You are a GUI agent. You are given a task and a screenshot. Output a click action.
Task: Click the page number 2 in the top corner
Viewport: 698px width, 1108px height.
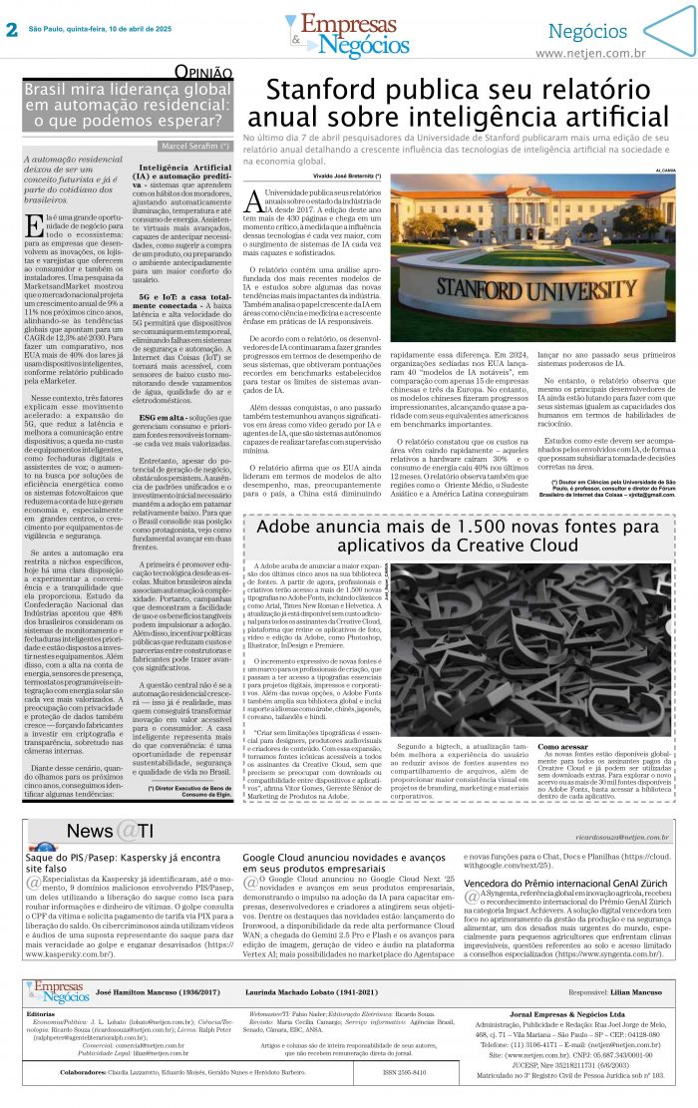coord(11,30)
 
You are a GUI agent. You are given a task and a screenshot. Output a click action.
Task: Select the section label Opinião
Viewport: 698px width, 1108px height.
coord(204,72)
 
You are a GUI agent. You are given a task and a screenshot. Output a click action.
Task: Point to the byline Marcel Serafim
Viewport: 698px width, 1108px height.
coord(195,146)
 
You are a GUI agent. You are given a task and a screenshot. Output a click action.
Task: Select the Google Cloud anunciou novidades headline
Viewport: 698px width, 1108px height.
coord(344,864)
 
